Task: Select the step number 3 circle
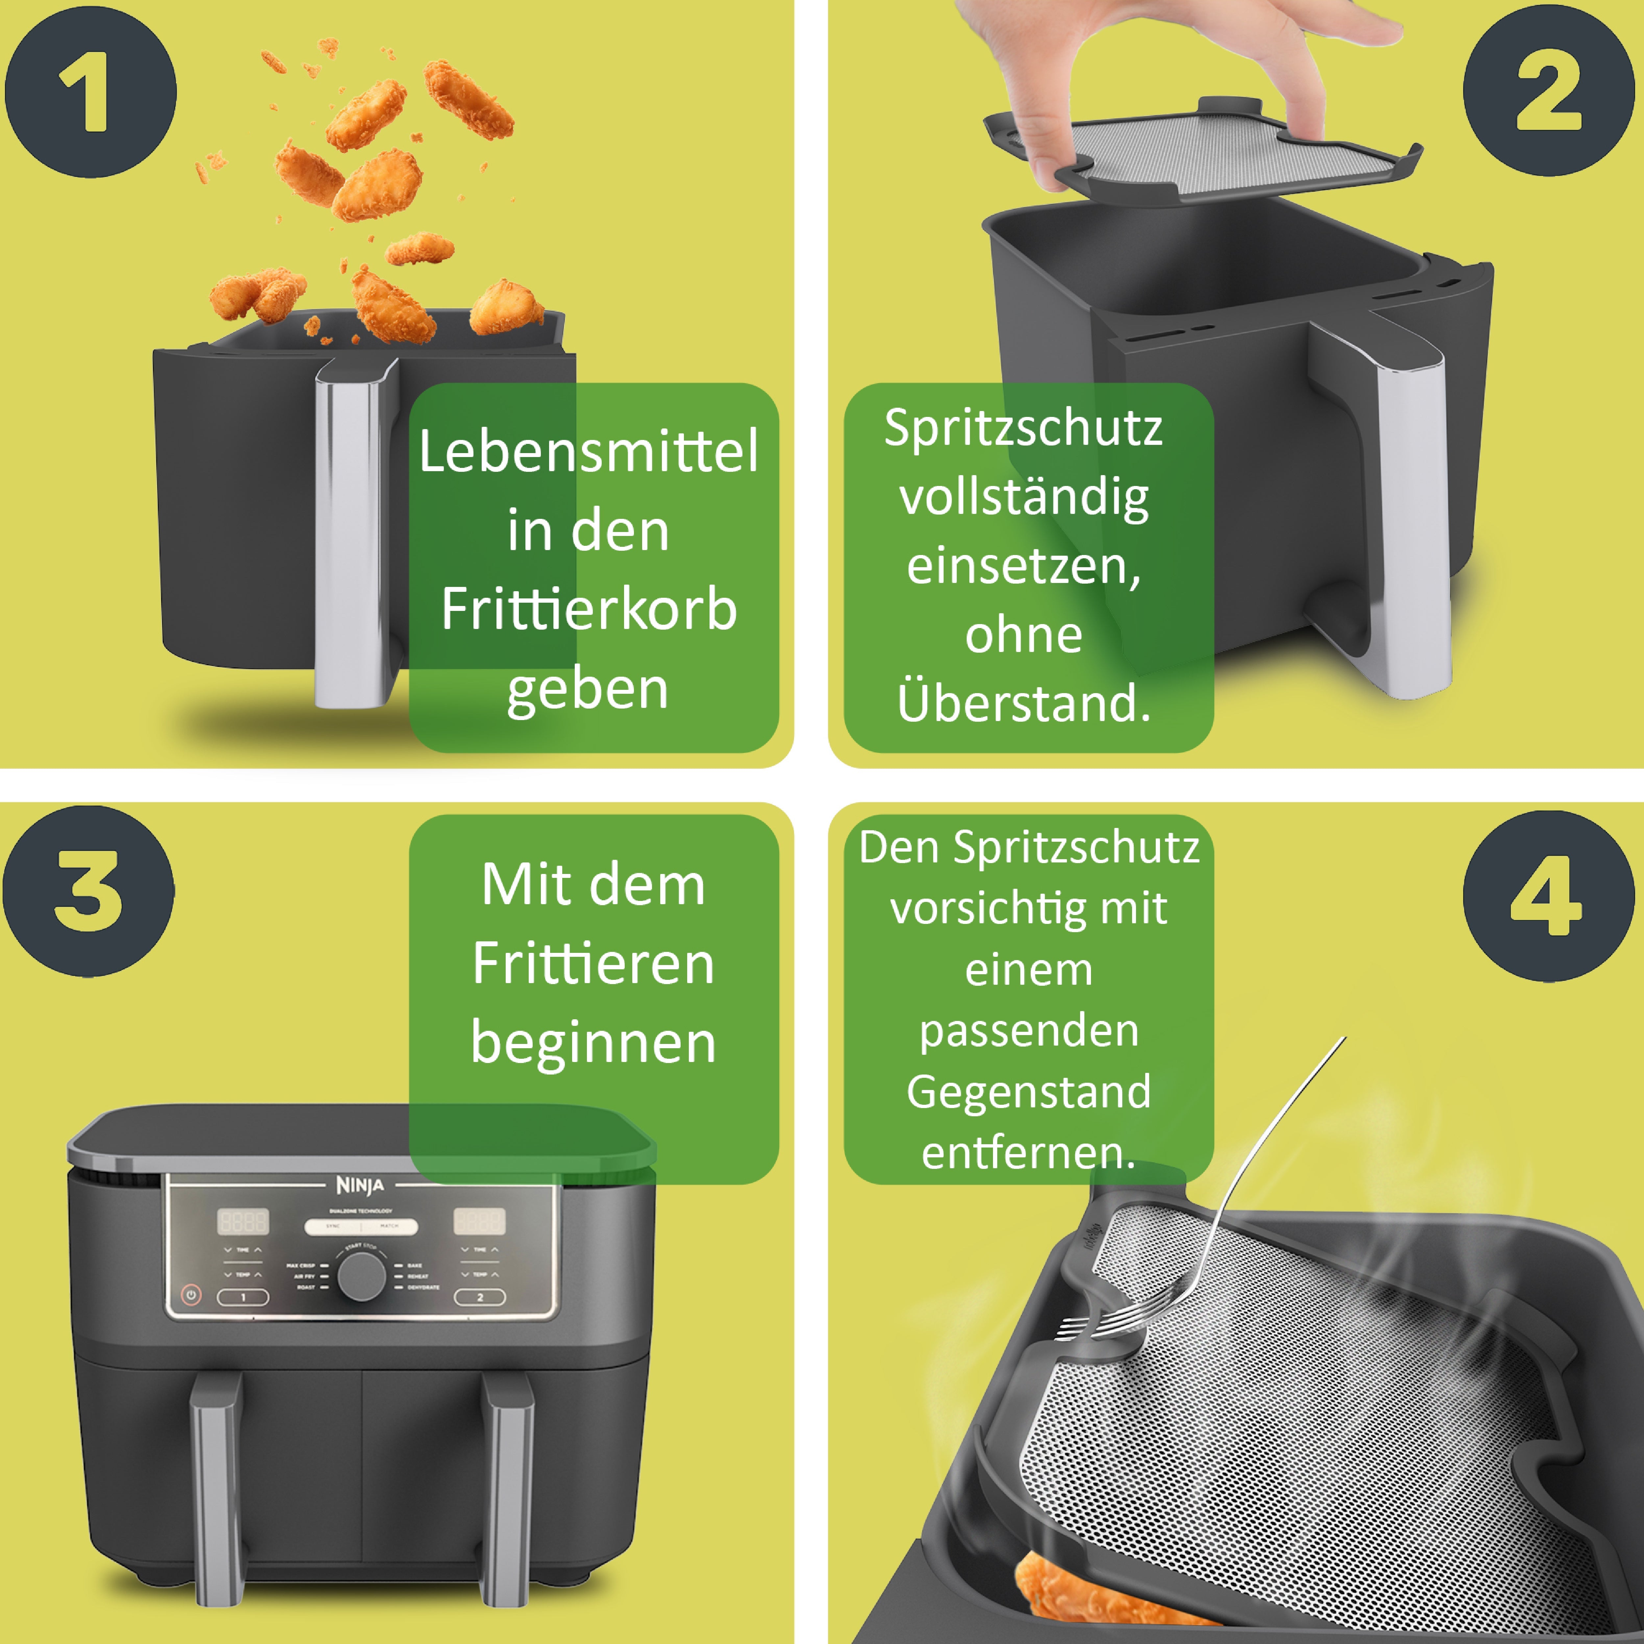[88, 891]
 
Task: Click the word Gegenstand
[1028, 1092]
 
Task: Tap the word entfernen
[1028, 1153]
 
